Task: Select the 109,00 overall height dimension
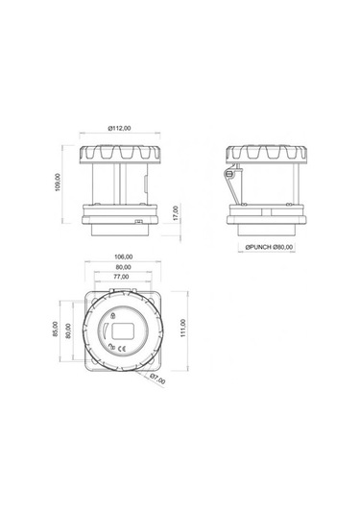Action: coord(60,183)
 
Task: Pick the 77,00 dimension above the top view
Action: coord(122,276)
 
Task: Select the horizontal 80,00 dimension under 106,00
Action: coord(122,267)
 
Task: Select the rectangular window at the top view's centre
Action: coord(122,331)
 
